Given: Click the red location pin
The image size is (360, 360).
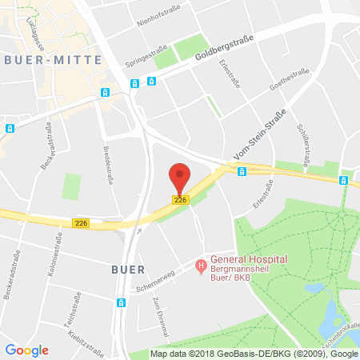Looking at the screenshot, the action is pos(181,178).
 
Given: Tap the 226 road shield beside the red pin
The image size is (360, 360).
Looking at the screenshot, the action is pos(181,200).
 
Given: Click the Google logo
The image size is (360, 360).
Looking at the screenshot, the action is pos(27,350).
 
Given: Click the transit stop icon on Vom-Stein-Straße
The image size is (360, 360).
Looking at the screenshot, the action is pos(242,171).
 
